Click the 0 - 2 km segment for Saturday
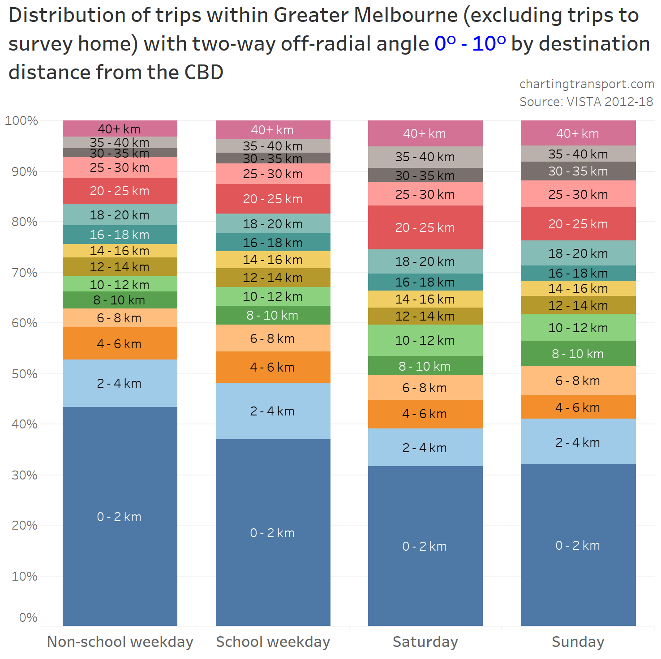tap(425, 546)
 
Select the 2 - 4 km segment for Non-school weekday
tap(120, 383)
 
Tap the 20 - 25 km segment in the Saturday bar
tap(425, 227)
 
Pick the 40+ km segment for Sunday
tap(578, 133)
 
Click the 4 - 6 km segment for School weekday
tap(273, 367)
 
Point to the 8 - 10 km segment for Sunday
tap(578, 353)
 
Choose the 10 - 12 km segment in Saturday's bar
tap(425, 340)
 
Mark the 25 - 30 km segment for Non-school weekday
tap(120, 167)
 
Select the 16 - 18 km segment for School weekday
tap(273, 242)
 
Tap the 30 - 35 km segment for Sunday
tap(578, 171)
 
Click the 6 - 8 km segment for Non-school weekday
tap(120, 318)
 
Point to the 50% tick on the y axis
tap(25, 374)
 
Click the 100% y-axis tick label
tap(21, 120)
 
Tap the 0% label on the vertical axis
tap(28, 617)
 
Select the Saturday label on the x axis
tap(425, 642)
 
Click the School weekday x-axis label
tap(273, 642)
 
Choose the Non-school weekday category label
tap(120, 642)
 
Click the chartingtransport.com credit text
tap(587, 84)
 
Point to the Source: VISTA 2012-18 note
tap(586, 102)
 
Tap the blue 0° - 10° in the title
tap(470, 44)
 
